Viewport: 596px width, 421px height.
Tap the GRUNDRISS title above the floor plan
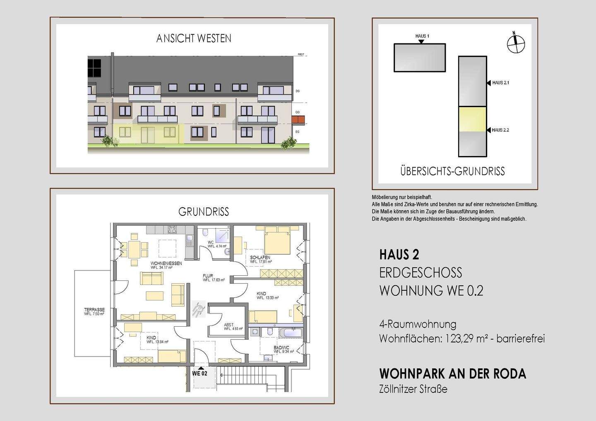(x=204, y=212)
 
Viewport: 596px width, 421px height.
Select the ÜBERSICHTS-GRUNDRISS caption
(x=452, y=171)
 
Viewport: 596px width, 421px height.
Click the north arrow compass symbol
(x=516, y=43)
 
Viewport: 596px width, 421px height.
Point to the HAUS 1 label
(x=422, y=36)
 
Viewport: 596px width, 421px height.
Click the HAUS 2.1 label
(x=500, y=83)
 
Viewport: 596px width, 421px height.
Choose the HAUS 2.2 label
(x=500, y=130)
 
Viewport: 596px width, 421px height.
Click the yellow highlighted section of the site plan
(x=472, y=119)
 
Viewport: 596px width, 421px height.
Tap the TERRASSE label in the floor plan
(x=94, y=310)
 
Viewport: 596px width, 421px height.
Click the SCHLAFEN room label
(x=260, y=258)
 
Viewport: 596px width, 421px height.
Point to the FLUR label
(x=208, y=276)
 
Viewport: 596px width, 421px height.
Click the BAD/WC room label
(x=281, y=348)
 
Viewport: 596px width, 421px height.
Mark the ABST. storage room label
(x=228, y=325)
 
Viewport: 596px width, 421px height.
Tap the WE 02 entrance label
(x=199, y=373)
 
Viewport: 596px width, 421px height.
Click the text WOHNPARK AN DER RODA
(x=452, y=374)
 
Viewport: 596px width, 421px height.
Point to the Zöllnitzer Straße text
(x=413, y=389)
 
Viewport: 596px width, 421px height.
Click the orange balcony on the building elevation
(x=298, y=120)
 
